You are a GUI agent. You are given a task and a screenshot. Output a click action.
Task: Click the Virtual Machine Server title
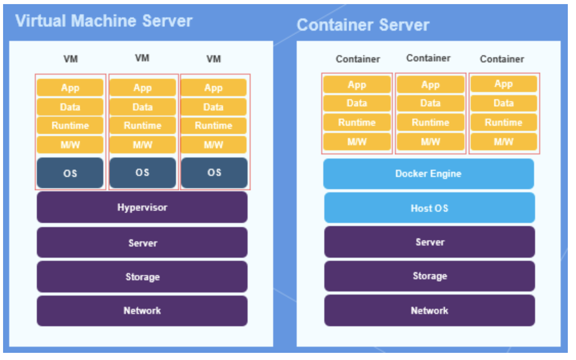click(104, 21)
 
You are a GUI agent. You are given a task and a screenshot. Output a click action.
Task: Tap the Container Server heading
click(363, 25)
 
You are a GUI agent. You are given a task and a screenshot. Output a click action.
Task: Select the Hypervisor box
click(142, 207)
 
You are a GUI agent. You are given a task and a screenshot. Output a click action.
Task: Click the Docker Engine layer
click(429, 174)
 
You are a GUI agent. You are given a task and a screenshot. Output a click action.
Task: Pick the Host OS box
click(429, 208)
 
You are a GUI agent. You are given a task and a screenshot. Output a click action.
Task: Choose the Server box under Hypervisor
click(142, 243)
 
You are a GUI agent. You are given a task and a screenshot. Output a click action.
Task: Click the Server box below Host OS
click(429, 242)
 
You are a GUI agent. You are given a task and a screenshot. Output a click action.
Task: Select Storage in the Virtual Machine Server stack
click(142, 277)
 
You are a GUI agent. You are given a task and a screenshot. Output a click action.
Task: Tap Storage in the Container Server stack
click(429, 276)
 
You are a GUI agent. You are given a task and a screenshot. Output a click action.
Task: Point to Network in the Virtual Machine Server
click(142, 311)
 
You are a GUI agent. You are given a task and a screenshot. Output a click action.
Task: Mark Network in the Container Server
click(429, 311)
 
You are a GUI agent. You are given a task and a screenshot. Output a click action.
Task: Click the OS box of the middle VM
click(143, 173)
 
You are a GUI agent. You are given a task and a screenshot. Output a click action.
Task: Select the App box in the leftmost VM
click(70, 88)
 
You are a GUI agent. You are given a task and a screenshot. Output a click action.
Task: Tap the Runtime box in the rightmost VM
click(213, 126)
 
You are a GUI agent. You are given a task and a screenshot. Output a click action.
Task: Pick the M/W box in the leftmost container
click(357, 142)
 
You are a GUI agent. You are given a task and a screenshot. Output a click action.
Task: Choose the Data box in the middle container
click(431, 103)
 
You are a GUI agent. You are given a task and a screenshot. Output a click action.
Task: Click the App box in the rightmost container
click(504, 84)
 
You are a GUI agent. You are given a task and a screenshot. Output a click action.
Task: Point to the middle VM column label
click(142, 58)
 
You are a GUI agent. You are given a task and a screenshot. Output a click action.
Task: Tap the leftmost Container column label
click(358, 59)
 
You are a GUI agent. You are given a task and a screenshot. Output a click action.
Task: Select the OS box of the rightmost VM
click(214, 173)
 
